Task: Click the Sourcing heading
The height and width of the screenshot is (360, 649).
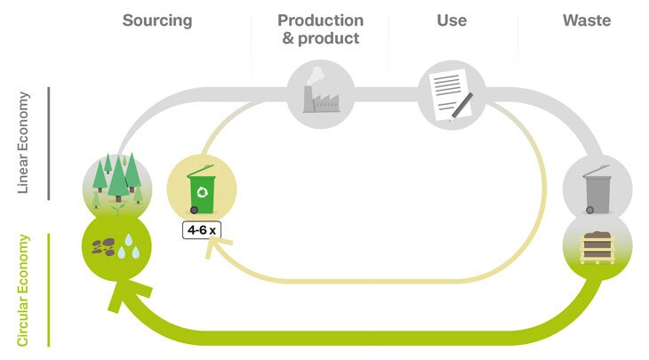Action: point(156,20)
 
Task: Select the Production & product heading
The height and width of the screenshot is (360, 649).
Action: point(320,29)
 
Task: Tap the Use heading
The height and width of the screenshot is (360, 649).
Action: point(451,20)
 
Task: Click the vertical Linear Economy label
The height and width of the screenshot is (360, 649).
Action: point(25,142)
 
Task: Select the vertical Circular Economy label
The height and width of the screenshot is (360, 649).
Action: point(25,289)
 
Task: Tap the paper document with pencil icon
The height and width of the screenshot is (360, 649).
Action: point(452,93)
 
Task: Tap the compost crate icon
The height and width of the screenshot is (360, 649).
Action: point(597,250)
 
